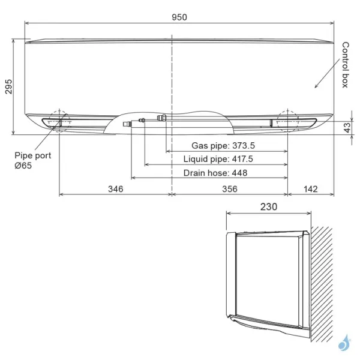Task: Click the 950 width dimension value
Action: pos(179,17)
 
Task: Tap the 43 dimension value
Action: pos(347,127)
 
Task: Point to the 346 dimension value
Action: pos(115,189)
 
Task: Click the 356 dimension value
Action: pos(229,189)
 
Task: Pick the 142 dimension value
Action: pos(311,189)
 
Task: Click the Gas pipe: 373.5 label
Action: pos(223,146)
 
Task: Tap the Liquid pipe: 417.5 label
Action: pos(218,159)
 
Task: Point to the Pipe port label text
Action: pos(33,155)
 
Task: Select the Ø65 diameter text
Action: pos(23,165)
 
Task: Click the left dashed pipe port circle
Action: pos(59,122)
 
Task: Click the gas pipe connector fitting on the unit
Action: pos(161,118)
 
